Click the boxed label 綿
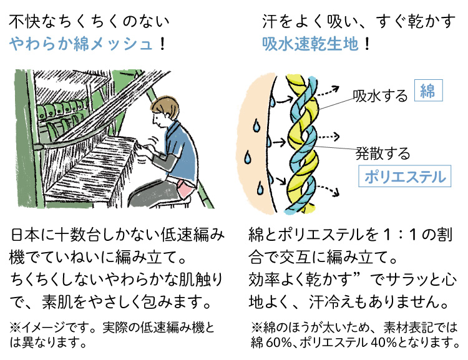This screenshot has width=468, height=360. pos(428,90)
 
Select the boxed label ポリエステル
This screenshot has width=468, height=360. pos(405,176)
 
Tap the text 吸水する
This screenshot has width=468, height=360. pos(380,96)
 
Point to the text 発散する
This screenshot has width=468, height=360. pos(383,153)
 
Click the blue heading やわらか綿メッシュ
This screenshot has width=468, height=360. pos(81,44)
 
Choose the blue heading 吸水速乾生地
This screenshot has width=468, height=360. pos(310,44)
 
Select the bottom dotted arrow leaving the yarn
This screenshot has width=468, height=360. pos(329,190)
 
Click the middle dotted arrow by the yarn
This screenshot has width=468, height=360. pos(329,137)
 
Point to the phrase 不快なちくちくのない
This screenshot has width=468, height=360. pos(89,21)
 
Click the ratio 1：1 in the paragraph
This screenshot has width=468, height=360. pos(400,235)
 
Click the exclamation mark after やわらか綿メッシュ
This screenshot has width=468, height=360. pos(162,44)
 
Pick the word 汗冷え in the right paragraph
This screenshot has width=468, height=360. pos(331,302)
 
